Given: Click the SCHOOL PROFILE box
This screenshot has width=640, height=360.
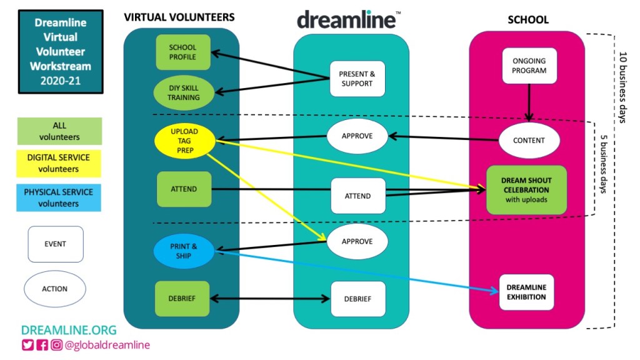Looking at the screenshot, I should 182,52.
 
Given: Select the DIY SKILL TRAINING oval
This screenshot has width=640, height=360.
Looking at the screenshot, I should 183,92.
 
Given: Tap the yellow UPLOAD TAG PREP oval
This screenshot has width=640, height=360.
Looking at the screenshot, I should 184,141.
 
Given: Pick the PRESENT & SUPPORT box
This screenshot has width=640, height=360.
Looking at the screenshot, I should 357,79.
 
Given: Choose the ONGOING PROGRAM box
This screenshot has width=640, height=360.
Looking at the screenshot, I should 529,66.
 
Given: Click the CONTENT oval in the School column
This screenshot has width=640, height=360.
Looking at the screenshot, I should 529,141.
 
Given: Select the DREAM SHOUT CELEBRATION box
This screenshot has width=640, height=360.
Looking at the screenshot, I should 526,190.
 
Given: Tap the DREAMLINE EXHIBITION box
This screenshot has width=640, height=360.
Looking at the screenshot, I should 526,292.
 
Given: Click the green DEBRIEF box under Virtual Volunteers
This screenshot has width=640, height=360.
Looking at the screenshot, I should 183,298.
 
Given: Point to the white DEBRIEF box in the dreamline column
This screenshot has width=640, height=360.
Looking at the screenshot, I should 357,299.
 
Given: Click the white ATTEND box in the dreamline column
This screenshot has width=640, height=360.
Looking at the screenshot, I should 357,196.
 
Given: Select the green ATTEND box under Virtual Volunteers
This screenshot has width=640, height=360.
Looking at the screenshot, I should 183,189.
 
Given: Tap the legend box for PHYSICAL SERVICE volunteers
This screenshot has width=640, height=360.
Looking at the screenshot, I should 58,198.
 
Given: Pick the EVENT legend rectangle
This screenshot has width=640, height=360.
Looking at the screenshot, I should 55,244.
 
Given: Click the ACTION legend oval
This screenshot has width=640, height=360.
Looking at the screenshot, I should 55,289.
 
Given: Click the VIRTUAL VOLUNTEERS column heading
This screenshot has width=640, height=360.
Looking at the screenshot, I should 179,17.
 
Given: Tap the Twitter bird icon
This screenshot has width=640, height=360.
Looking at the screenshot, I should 27,345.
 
